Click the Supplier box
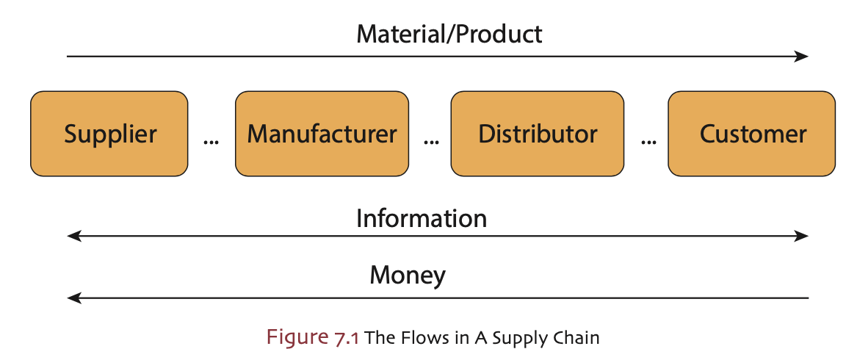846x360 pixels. click(x=109, y=134)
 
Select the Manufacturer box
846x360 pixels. click(x=322, y=134)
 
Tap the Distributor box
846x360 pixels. click(x=538, y=134)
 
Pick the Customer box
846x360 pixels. click(x=752, y=134)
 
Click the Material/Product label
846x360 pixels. click(x=449, y=34)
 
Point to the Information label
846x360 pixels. click(x=421, y=218)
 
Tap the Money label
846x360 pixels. click(x=408, y=276)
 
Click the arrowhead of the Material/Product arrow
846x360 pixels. click(x=803, y=56)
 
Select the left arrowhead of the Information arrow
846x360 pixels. click(x=72, y=236)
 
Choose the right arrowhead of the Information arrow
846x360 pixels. click(x=803, y=236)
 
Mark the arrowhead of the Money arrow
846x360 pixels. click(x=72, y=298)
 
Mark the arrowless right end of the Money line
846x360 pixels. click(x=807, y=298)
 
